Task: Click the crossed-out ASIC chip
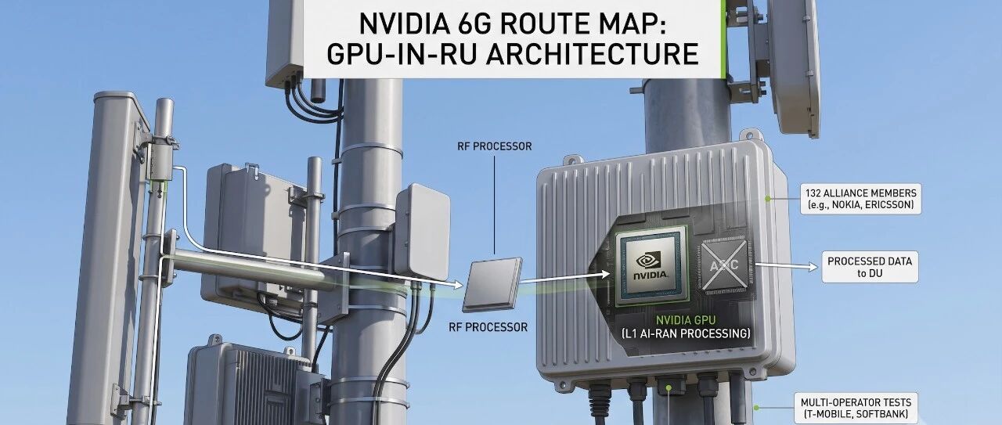(725, 265)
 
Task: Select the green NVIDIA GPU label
(686, 320)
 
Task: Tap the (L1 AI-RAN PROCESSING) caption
(686, 333)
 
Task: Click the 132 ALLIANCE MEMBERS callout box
(860, 199)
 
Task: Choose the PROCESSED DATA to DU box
(870, 267)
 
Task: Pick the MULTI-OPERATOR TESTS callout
(856, 408)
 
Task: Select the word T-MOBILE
(831, 414)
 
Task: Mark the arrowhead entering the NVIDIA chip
(605, 274)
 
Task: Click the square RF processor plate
(492, 285)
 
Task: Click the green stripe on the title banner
(723, 39)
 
